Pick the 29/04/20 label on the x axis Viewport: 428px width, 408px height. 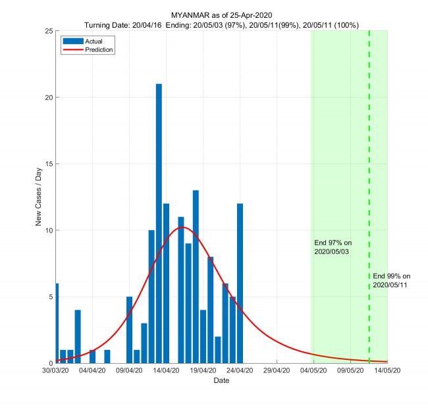tap(277, 371)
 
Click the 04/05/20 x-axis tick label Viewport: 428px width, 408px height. tap(313, 371)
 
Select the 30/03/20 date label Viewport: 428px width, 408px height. tap(56, 371)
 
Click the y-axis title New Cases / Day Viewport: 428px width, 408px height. tap(39, 197)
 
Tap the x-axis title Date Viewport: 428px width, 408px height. tap(221, 381)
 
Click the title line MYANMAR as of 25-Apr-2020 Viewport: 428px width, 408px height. tap(221, 15)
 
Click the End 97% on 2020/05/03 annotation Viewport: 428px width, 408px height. tap(333, 247)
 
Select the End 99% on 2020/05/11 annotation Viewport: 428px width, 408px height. tap(391, 280)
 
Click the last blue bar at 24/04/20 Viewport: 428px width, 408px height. tap(240, 283)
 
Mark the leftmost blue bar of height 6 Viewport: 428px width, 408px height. tap(57, 323)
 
